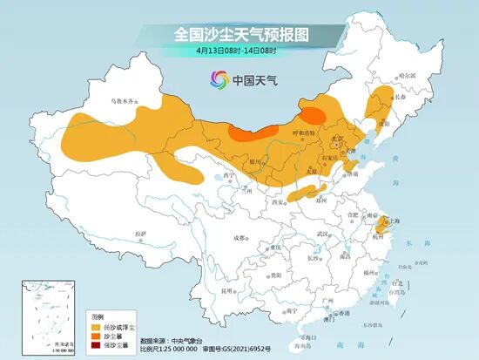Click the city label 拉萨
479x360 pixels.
click(x=140, y=233)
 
